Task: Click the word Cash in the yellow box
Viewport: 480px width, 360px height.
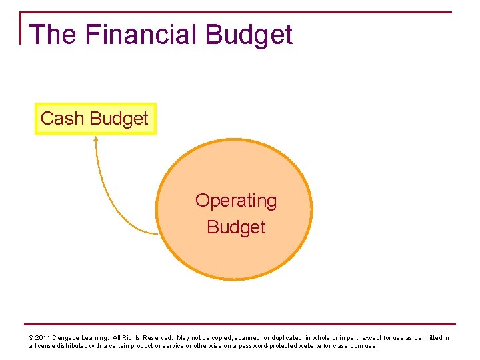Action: click(62, 119)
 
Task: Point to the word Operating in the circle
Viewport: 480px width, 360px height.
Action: click(235, 201)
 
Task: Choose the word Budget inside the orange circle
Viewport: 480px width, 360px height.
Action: click(235, 227)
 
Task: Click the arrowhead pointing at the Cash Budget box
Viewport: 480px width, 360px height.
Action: click(95, 139)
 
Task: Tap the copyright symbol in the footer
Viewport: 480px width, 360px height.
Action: click(31, 338)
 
